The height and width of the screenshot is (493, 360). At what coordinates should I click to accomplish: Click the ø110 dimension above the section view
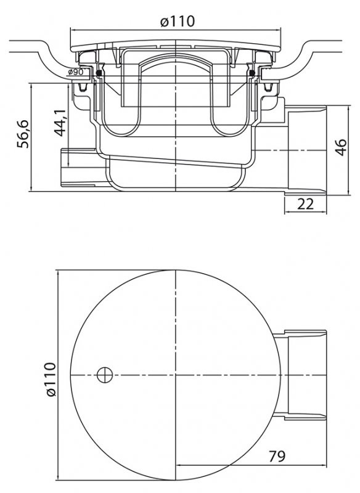pyautogui.click(x=177, y=21)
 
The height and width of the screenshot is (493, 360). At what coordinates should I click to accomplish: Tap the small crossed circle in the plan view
pyautogui.click(x=105, y=374)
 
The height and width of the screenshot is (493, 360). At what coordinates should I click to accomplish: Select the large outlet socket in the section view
pyautogui.click(x=305, y=148)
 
